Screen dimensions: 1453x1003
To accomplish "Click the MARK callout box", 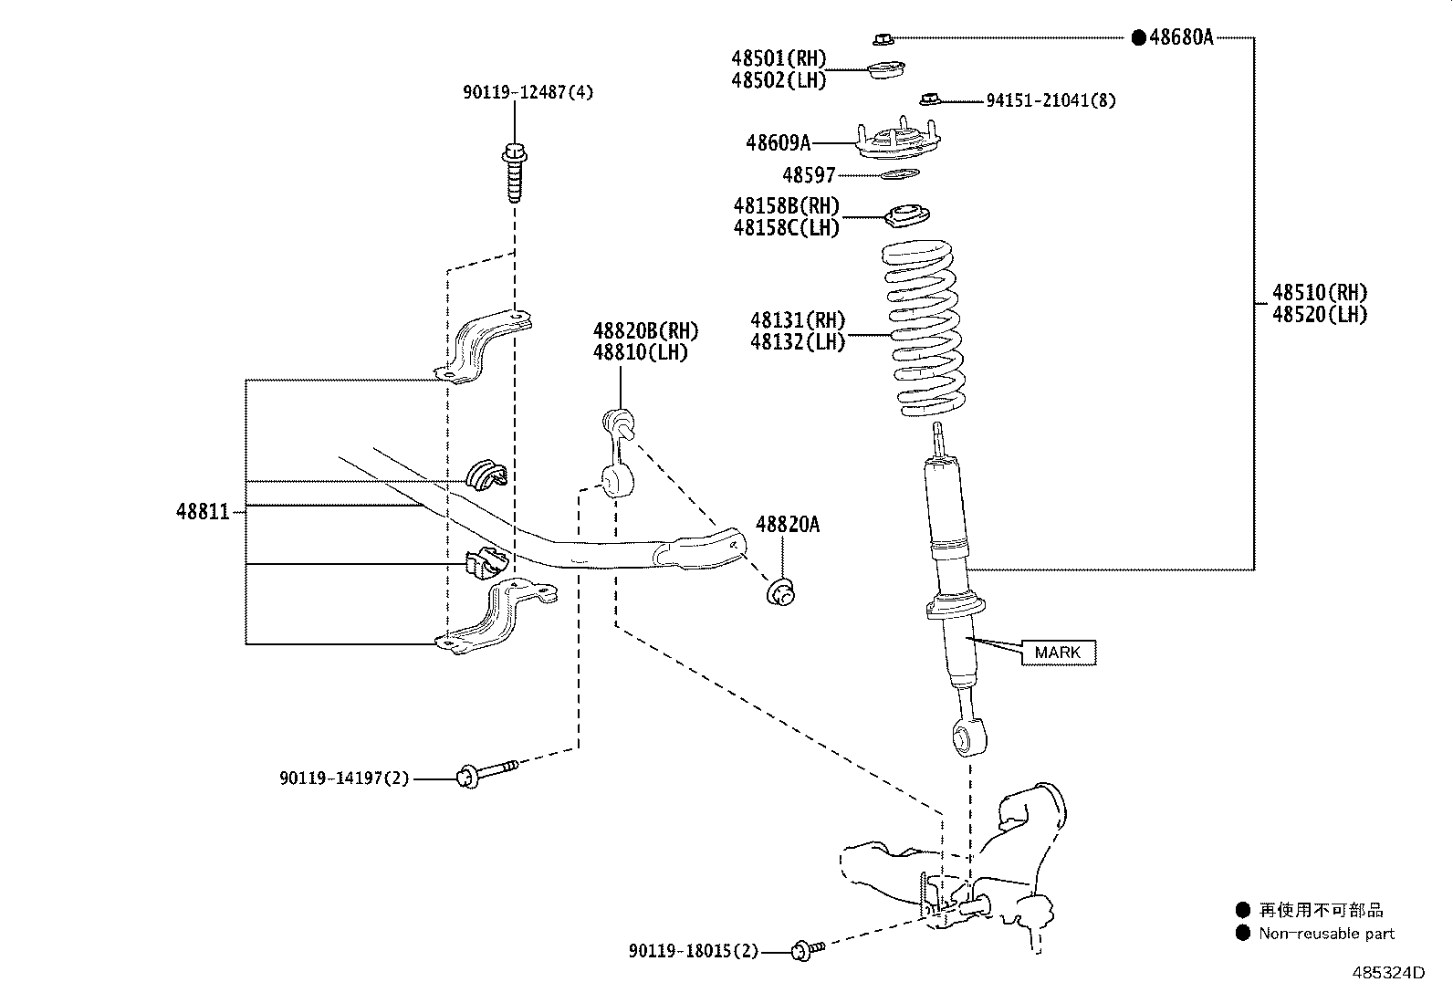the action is click(1058, 652).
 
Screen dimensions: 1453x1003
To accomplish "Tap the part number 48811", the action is click(203, 512).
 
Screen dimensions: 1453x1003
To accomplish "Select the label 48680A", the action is click(1181, 37).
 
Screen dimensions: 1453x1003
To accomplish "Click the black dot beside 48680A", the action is click(1138, 37).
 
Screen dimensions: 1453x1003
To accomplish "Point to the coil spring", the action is click(924, 329).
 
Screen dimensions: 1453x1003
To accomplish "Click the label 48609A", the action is click(778, 142).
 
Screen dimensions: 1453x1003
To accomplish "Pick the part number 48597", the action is click(809, 175).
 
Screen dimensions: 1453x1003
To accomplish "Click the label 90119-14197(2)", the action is click(344, 778).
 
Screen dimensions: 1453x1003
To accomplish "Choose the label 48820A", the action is click(788, 524).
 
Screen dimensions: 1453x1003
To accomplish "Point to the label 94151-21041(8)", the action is click(1051, 100).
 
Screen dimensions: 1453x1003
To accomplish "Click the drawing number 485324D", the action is click(1388, 973).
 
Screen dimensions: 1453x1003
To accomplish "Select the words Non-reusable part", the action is click(1326, 934).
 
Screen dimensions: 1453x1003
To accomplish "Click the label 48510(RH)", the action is click(1320, 292).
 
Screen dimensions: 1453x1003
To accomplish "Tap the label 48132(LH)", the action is click(798, 342).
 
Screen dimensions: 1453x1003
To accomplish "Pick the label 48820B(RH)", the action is click(645, 331).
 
